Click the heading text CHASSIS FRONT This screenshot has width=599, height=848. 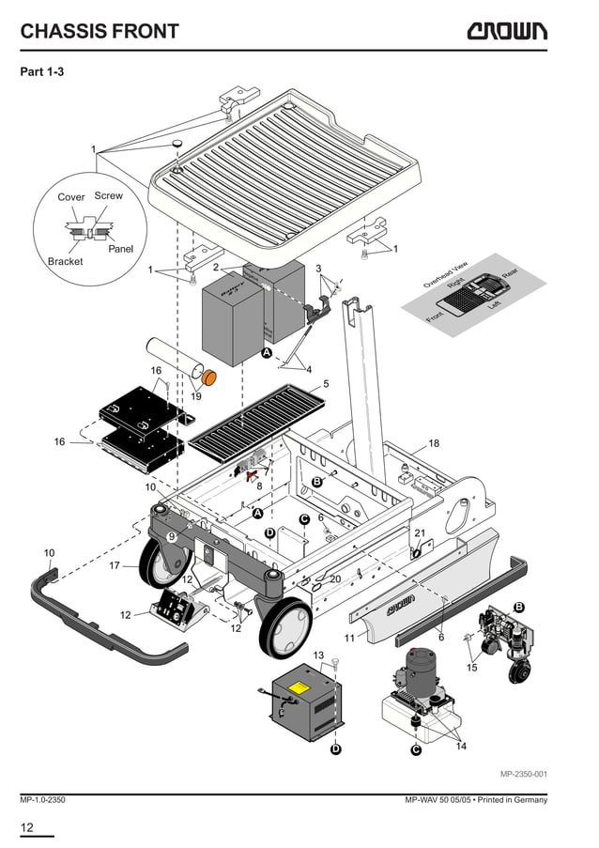tap(100, 31)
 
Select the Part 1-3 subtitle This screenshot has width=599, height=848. tap(42, 71)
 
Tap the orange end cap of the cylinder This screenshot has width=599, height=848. tap(209, 378)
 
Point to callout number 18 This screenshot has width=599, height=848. tap(434, 443)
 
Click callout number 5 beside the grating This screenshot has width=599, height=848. tap(326, 384)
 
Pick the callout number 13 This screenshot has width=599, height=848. tap(318, 655)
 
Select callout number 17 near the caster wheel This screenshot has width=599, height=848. tap(115, 565)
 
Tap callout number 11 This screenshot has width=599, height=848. tap(348, 638)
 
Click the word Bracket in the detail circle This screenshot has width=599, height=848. tap(66, 261)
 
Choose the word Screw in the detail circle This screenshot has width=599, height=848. tap(108, 196)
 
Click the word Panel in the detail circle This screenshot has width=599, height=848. tap(120, 249)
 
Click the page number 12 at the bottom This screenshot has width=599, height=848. tap(27, 827)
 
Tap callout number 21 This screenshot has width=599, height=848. tap(420, 533)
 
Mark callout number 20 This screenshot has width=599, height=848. tap(335, 579)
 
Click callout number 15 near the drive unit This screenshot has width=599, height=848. tap(472, 668)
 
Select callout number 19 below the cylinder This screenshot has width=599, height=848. tap(196, 396)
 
